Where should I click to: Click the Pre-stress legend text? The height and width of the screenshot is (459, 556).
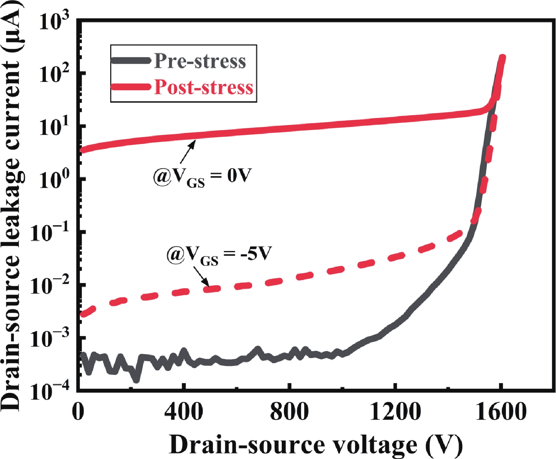pos(200,61)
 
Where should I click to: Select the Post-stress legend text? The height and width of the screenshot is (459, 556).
pos(204,87)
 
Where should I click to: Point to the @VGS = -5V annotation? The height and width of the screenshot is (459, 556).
pos(219,254)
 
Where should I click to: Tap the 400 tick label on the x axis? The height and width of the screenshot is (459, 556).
pos(184,411)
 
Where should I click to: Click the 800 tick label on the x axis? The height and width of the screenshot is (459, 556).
pos(289,411)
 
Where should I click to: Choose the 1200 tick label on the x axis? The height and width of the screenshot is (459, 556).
pos(395,411)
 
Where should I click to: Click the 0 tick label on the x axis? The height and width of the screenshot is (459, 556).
pos(78,411)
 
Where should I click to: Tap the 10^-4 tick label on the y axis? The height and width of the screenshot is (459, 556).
pos(50,391)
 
